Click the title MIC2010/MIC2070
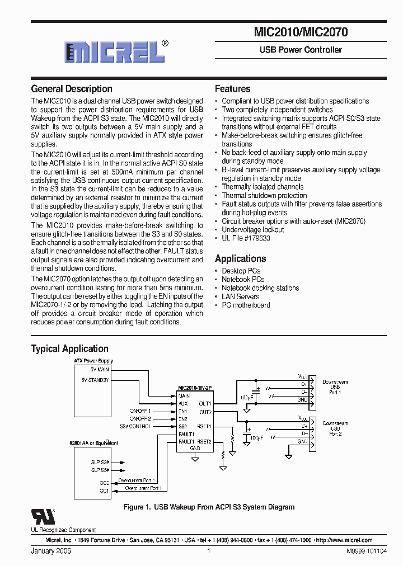pyautogui.click(x=301, y=32)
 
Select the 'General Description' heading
pyautogui.click(x=72, y=89)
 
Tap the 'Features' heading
pyautogui.click(x=232, y=89)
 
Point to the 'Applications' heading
pyautogui.click(x=240, y=258)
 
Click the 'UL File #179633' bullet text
pyautogui.click(x=246, y=238)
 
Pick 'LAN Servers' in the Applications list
pyautogui.click(x=241, y=296)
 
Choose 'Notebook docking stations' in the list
pyautogui.click(x=260, y=288)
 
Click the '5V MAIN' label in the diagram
pyautogui.click(x=100, y=370)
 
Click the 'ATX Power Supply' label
pyautogui.click(x=93, y=361)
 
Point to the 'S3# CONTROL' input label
pyautogui.click(x=134, y=426)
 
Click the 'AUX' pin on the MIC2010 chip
pyautogui.click(x=183, y=403)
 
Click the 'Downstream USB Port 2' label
pyautogui.click(x=335, y=428)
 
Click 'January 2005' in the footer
pyautogui.click(x=51, y=551)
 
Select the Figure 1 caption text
pyautogui.click(x=209, y=507)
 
